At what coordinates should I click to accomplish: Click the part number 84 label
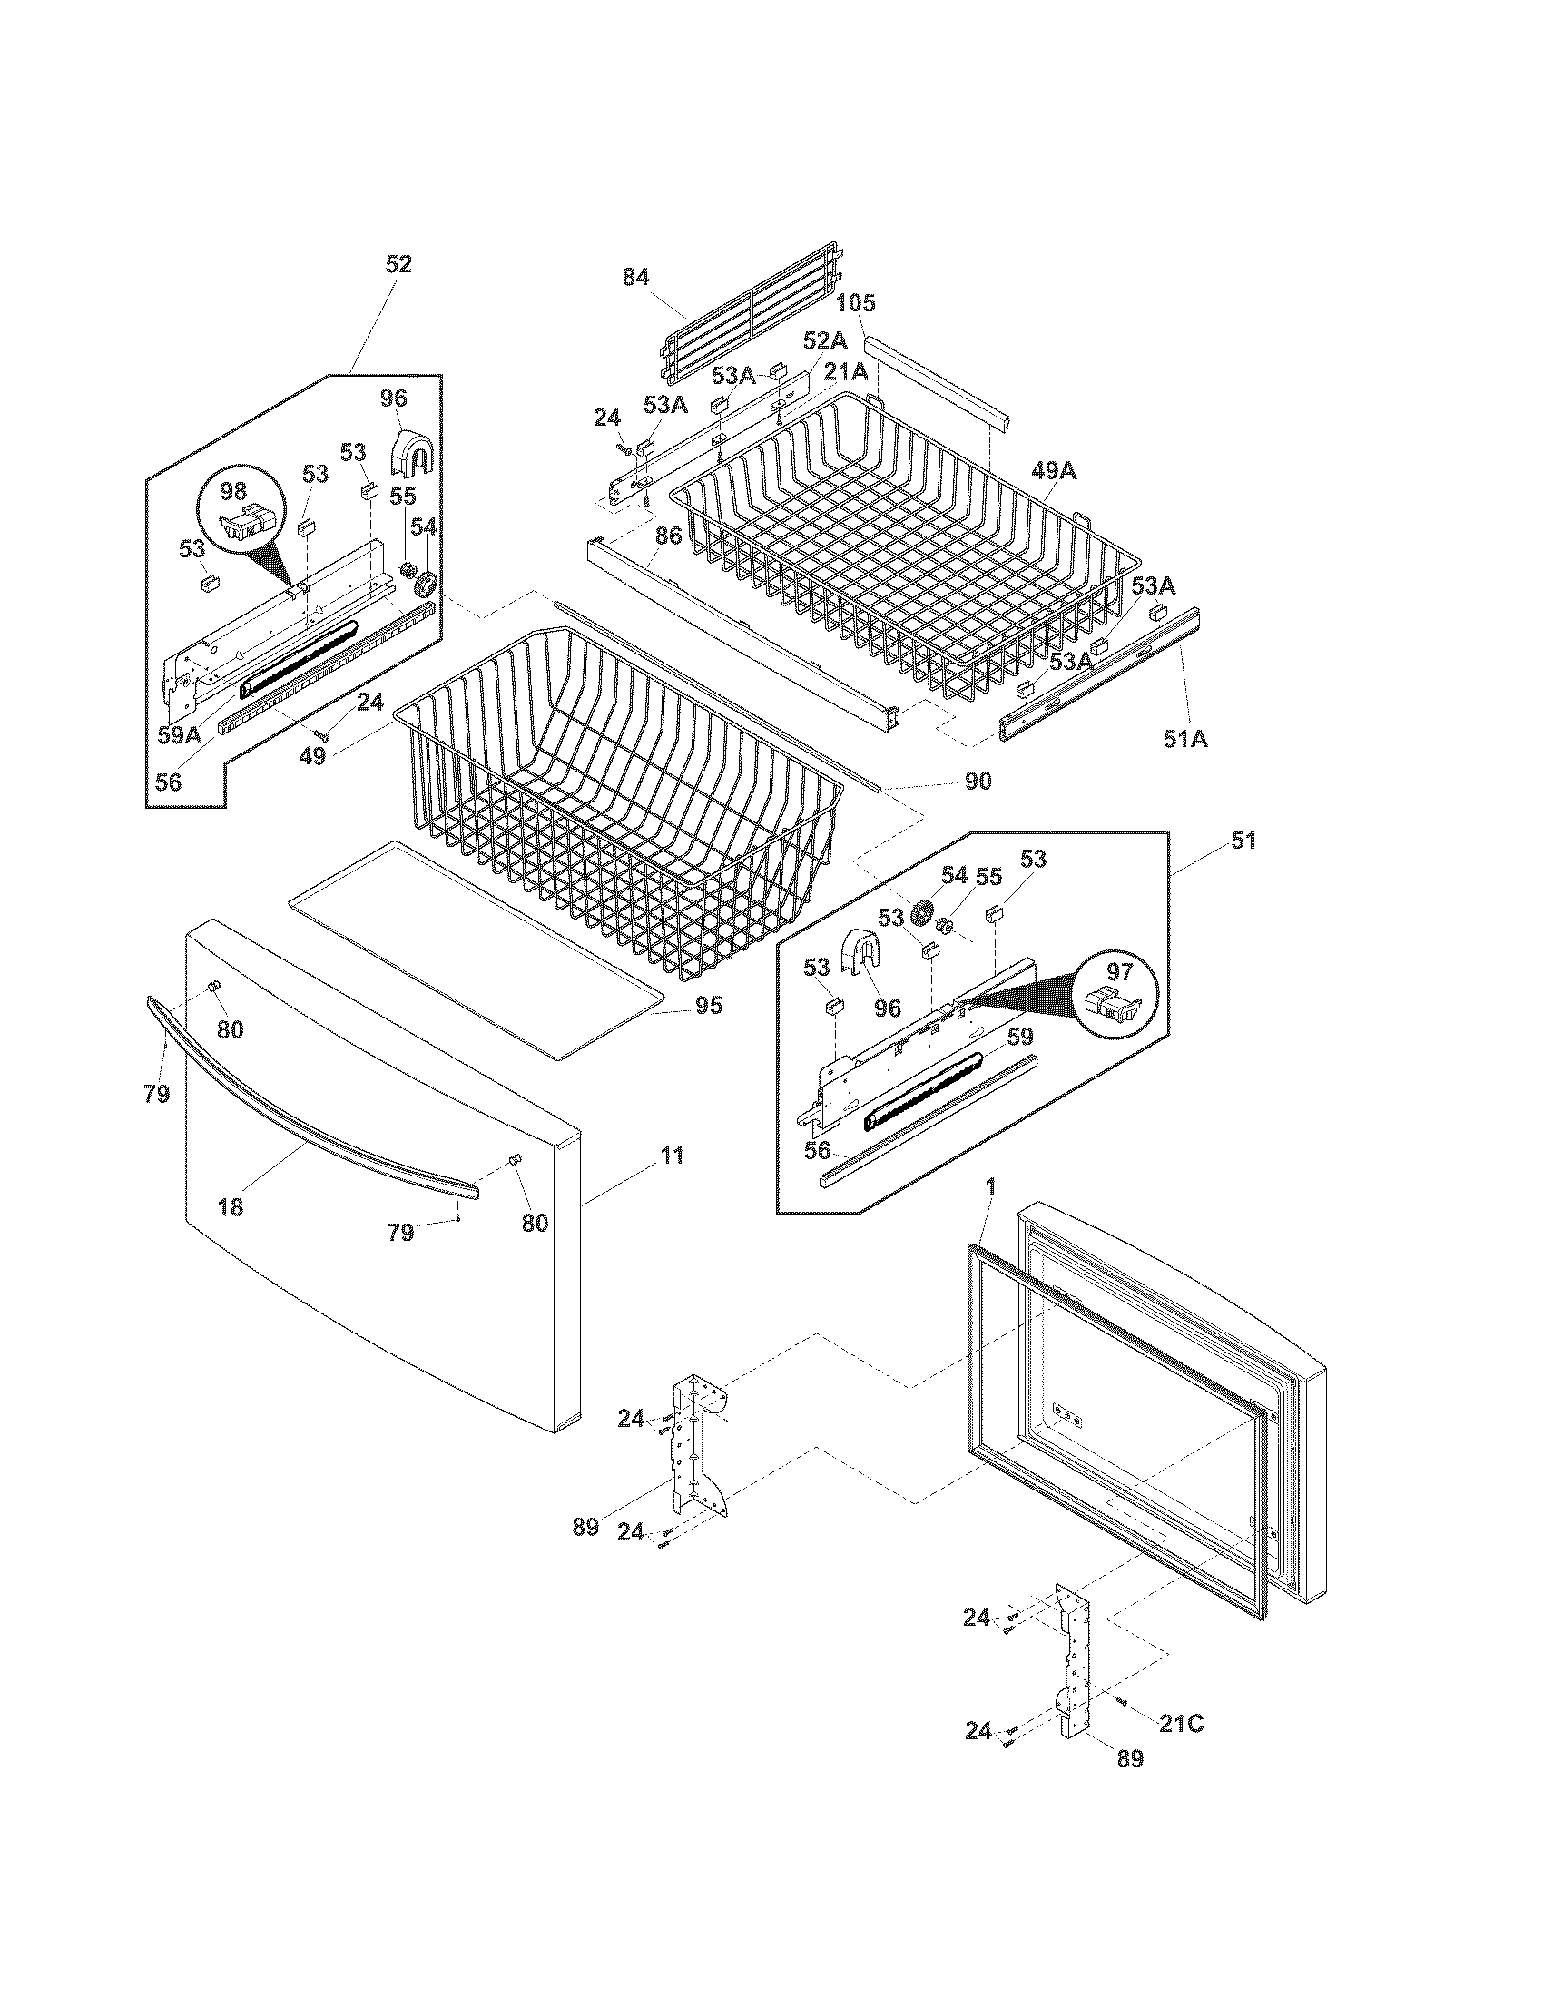(635, 276)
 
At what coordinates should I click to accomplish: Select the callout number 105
(855, 302)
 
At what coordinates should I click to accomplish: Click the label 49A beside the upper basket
(1054, 471)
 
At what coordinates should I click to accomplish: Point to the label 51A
(1185, 738)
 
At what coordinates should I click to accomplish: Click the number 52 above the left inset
(398, 264)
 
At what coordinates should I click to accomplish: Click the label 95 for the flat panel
(709, 1005)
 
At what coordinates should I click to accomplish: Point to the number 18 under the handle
(231, 1207)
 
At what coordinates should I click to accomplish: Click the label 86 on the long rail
(668, 536)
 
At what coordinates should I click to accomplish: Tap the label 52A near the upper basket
(824, 341)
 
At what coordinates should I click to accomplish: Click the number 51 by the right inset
(1243, 841)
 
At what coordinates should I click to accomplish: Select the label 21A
(846, 372)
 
